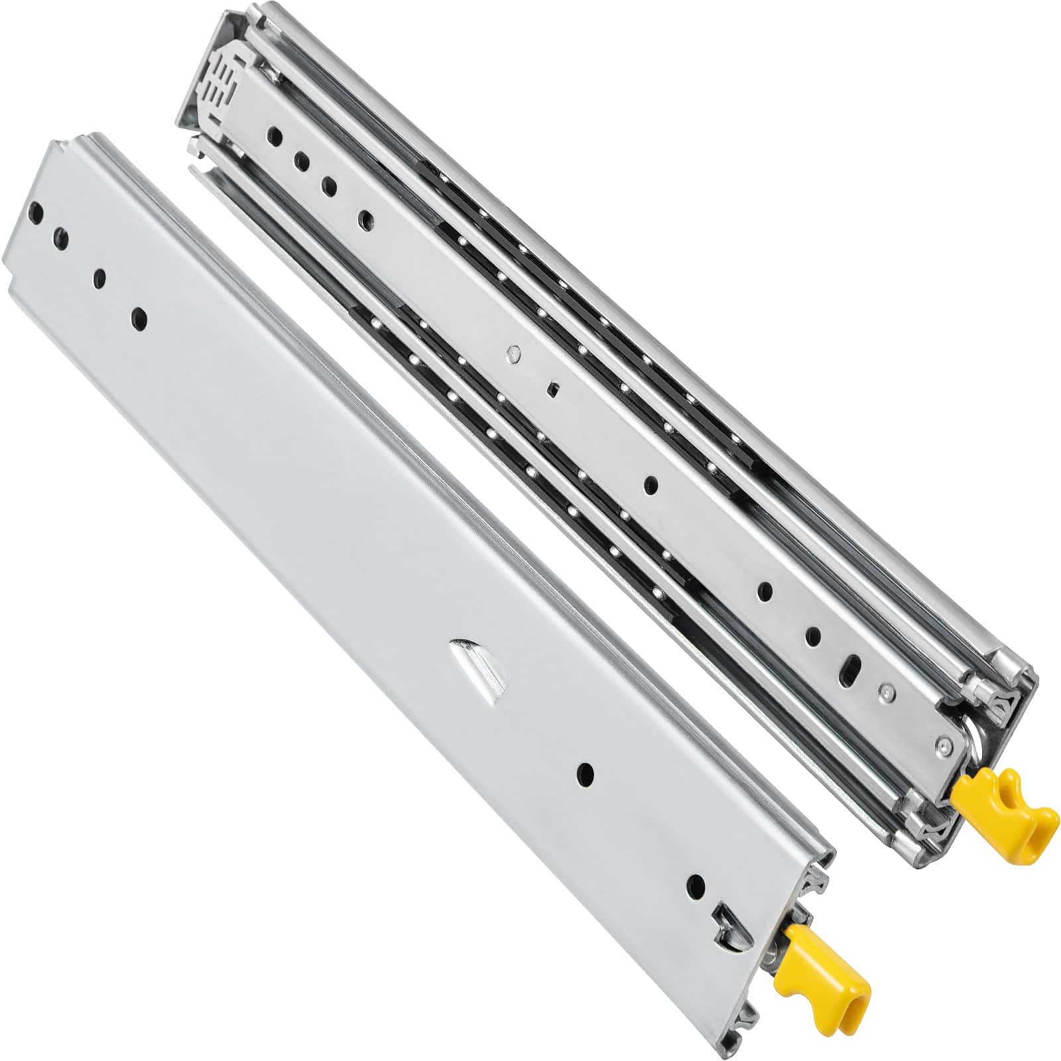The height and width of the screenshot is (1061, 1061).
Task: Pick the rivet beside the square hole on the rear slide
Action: click(511, 355)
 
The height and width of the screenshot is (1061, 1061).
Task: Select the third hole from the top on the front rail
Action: click(100, 278)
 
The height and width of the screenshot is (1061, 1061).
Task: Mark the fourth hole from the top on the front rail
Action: click(139, 319)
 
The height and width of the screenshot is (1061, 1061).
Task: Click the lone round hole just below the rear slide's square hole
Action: click(651, 485)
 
